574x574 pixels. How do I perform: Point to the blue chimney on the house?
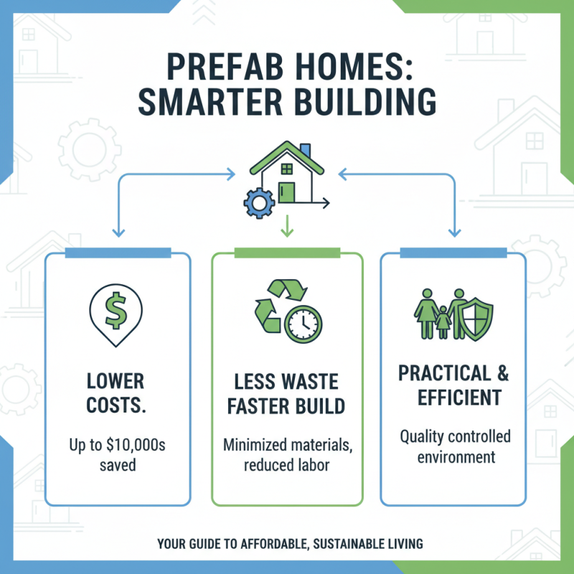[x=306, y=151]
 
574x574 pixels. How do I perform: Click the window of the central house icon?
[x=287, y=169]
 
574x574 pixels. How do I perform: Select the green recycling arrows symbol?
[x=273, y=305]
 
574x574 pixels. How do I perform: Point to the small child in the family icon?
[x=442, y=322]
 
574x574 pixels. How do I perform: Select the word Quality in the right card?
[x=424, y=436]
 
